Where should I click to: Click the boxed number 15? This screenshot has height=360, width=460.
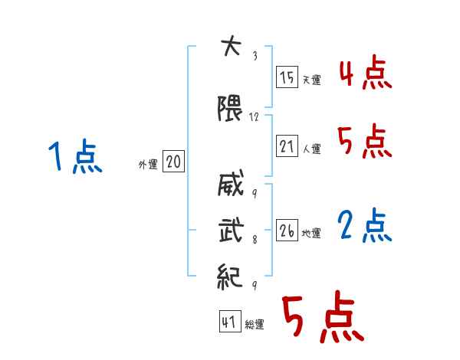click(287, 77)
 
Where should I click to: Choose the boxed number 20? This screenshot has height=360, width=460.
click(173, 162)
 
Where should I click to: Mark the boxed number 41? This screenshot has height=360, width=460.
click(229, 322)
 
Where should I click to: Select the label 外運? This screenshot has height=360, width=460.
click(148, 165)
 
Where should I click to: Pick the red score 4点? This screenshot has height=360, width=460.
click(364, 75)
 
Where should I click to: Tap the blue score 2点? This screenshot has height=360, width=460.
click(365, 227)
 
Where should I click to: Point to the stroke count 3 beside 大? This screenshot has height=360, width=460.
click(254, 55)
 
